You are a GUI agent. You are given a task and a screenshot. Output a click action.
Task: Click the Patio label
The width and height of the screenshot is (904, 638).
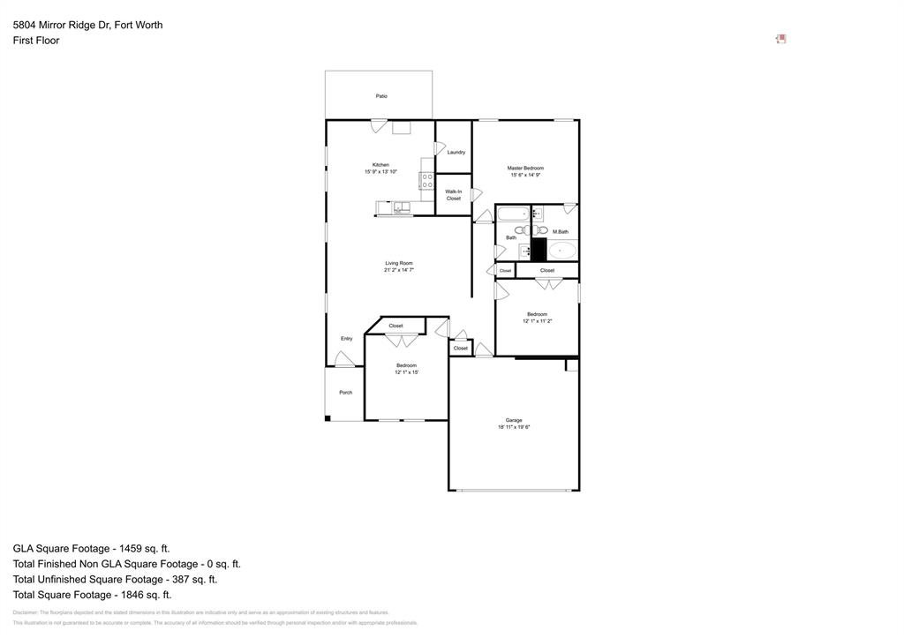(381, 96)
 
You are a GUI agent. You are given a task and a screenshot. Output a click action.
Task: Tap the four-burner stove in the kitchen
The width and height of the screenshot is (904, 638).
(427, 181)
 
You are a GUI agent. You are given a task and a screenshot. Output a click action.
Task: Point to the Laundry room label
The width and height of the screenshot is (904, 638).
(456, 153)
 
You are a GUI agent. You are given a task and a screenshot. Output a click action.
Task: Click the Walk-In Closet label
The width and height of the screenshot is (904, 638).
(453, 195)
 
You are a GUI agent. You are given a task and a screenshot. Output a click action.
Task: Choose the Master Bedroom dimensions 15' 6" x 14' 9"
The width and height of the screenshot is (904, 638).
(525, 176)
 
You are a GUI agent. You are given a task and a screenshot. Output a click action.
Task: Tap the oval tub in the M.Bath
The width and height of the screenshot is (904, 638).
(561, 250)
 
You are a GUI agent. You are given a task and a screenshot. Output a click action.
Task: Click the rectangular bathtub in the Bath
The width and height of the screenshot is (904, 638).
(513, 214)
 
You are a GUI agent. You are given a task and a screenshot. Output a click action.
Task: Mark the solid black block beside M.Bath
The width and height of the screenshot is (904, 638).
(539, 249)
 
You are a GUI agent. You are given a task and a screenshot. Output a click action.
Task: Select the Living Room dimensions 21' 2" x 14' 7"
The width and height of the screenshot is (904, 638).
(399, 271)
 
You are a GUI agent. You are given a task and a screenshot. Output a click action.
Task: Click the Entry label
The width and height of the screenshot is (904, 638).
(347, 339)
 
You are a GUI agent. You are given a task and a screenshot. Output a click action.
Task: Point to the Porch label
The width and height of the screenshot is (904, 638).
(346, 393)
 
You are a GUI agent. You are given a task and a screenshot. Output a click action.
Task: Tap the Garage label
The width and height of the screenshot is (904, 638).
(514, 420)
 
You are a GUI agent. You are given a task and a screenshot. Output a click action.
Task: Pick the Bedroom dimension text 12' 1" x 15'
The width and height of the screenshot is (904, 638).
(406, 372)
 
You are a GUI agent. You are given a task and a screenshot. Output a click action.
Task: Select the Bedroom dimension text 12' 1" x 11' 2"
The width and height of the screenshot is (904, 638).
(537, 321)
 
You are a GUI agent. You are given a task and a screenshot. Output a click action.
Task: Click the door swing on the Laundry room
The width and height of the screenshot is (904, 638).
(441, 148)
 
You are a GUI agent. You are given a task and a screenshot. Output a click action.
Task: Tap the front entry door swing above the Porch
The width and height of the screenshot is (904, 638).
(344, 359)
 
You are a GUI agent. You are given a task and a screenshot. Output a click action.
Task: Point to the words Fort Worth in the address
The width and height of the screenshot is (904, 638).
(138, 25)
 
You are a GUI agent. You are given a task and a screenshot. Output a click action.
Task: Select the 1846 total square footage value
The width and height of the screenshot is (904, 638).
(133, 595)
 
